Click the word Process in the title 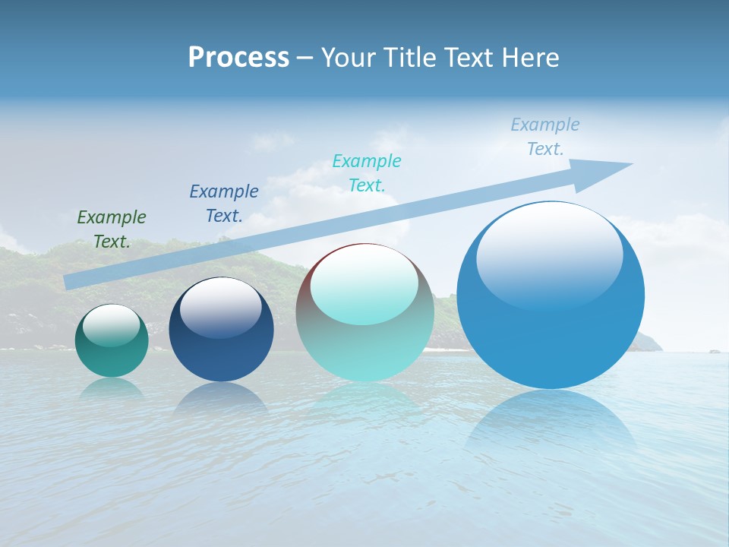click(x=238, y=58)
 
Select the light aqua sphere click(x=364, y=349)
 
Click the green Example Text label click(x=112, y=229)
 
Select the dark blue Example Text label click(x=224, y=204)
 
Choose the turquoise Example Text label click(x=367, y=173)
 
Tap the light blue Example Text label click(x=545, y=137)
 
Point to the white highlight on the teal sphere click(x=111, y=325)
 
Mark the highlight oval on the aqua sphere click(x=364, y=285)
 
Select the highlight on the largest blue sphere click(x=549, y=255)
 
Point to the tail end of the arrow click(x=70, y=281)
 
